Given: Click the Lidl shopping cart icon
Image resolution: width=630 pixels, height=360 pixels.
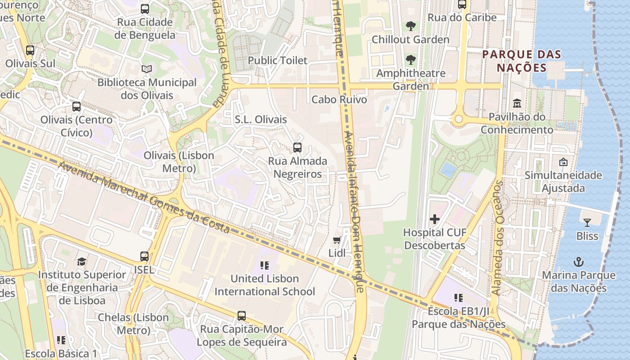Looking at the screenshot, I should (x=337, y=240).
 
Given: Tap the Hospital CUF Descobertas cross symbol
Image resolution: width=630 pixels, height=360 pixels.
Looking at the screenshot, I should (x=435, y=219).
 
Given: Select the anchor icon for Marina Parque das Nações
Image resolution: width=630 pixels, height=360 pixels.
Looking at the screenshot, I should (x=578, y=262).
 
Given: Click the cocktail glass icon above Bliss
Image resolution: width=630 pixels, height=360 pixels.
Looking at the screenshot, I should (x=587, y=222).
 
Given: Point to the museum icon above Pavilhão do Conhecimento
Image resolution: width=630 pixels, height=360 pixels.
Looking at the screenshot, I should (x=517, y=103).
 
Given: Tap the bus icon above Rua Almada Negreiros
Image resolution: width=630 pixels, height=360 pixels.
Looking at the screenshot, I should (x=297, y=147).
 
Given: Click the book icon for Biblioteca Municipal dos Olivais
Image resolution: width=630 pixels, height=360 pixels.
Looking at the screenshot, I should (x=147, y=69).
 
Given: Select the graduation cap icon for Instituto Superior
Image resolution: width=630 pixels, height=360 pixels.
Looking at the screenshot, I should (x=82, y=261).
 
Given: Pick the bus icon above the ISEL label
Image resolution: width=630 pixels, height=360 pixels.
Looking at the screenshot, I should (x=144, y=256).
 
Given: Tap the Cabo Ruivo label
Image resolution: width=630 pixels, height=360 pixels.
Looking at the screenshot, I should (x=339, y=99).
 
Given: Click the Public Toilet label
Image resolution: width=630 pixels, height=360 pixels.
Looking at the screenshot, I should (x=278, y=60).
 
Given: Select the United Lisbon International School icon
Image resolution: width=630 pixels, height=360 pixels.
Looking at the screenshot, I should (x=264, y=265).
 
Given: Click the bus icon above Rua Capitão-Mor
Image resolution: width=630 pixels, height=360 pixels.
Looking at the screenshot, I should (x=242, y=316).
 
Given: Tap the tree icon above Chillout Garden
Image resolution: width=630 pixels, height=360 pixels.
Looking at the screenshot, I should (x=410, y=26).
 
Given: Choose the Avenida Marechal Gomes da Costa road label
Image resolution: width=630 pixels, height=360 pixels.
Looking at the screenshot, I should (x=144, y=198).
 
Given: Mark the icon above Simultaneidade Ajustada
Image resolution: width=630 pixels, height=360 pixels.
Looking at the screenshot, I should (x=563, y=162).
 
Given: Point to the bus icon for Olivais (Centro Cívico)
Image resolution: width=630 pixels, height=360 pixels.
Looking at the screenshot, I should (x=76, y=107).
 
